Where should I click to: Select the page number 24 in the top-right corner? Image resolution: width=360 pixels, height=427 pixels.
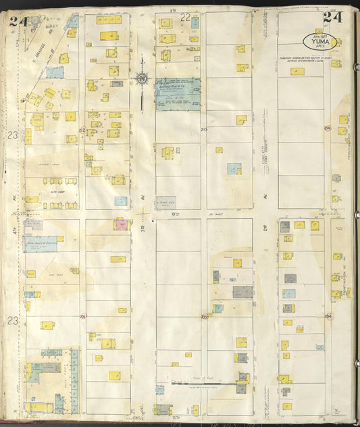334,18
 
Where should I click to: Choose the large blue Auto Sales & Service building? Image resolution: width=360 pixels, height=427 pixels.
41,244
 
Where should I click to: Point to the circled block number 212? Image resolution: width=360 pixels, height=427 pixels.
82,130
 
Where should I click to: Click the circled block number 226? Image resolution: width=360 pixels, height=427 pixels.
82,316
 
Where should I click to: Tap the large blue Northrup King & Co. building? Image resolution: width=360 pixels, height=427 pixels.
178,91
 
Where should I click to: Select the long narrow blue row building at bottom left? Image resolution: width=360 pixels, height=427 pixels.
74,381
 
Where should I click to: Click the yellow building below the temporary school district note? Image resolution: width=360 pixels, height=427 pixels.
297,71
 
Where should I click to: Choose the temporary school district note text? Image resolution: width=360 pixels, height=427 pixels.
304,60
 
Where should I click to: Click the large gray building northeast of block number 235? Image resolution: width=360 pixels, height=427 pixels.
243,292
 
